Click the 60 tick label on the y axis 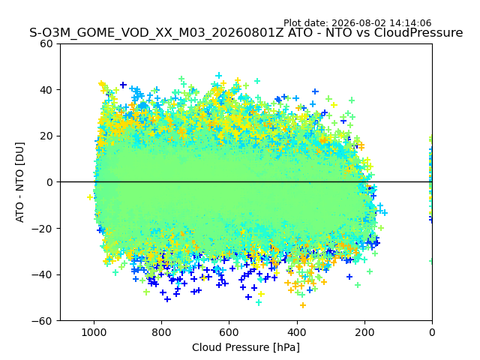point(46,43)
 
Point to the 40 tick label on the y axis point(46,90)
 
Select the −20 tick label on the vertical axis point(42,228)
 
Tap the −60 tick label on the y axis point(42,321)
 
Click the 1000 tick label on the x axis point(94,332)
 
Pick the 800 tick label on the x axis point(162,332)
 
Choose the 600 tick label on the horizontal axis point(229,332)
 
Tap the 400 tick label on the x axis point(297,332)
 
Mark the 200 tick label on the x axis point(364,332)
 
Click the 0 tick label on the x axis point(432,332)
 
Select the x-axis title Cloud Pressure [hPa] point(246,347)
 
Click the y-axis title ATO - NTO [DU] point(19,182)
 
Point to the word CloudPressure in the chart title point(418,32)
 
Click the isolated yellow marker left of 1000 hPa point(90,197)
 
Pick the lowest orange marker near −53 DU point(303,305)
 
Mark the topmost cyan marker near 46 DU point(218,75)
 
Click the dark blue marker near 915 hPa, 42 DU point(123,85)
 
